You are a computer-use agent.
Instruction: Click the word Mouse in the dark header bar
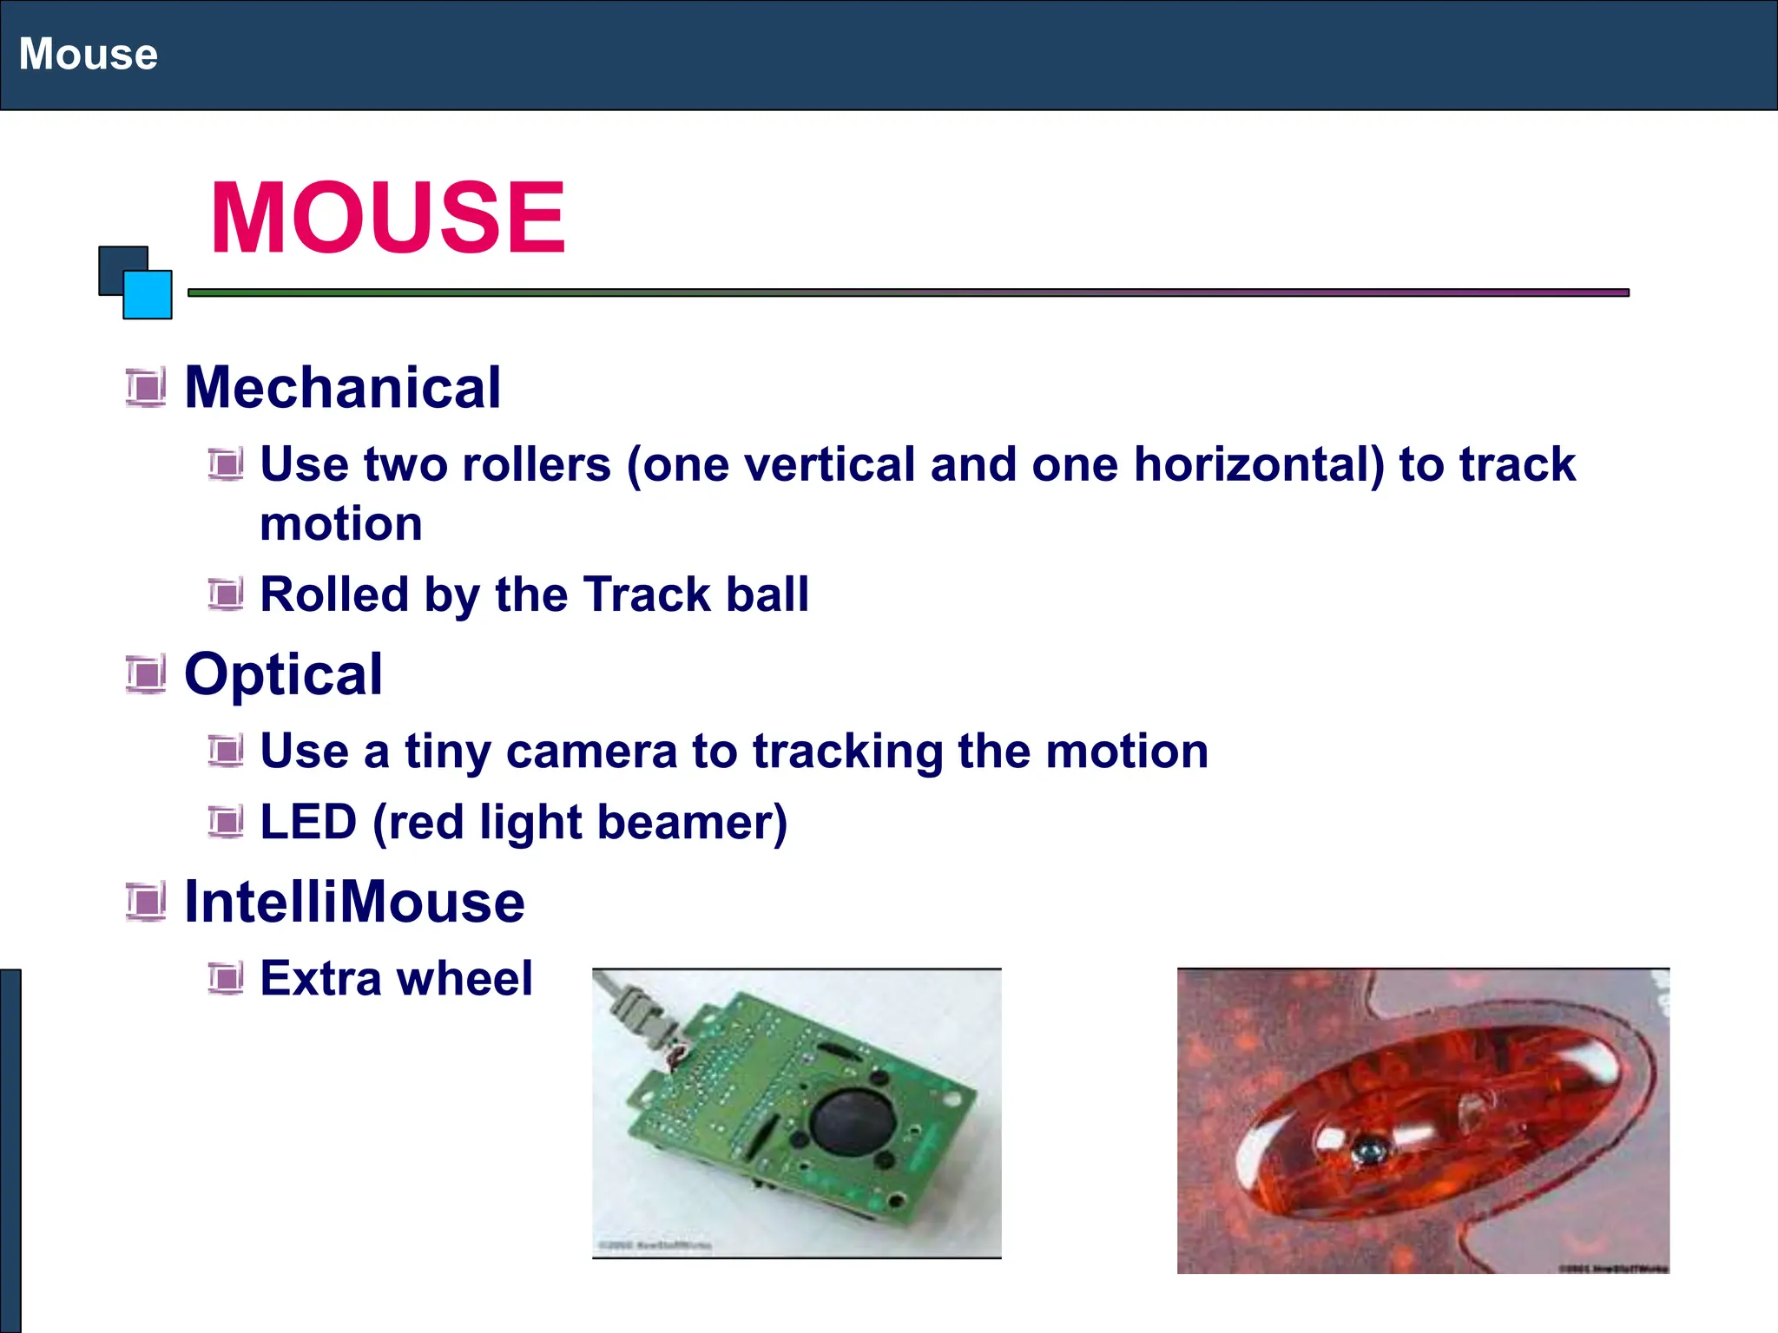pos(89,54)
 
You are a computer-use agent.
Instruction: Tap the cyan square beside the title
pos(148,295)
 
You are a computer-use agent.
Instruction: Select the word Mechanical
pos(343,387)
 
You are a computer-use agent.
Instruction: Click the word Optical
pos(283,674)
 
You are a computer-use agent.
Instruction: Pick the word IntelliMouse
pos(354,902)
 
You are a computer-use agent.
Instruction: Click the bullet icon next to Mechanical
pos(145,387)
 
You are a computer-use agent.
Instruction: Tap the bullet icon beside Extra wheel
pos(226,979)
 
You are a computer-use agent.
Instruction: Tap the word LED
pos(308,822)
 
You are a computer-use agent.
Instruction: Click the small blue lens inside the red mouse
pos(1367,1152)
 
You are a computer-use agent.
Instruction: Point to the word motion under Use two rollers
pos(341,524)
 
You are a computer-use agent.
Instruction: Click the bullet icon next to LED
pos(226,822)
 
